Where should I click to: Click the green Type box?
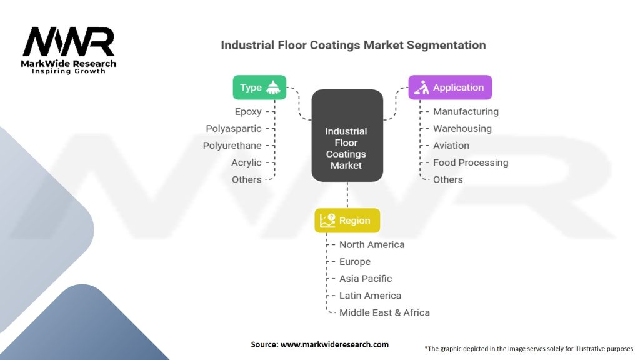pyautogui.click(x=259, y=87)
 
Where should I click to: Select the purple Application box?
pyautogui.click(x=450, y=87)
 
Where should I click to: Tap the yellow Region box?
pyautogui.click(x=347, y=221)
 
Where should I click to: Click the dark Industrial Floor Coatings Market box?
pyautogui.click(x=347, y=136)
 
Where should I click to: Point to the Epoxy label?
pyautogui.click(x=248, y=111)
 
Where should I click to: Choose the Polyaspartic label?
pyautogui.click(x=234, y=129)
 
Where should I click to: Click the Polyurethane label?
pyautogui.click(x=232, y=145)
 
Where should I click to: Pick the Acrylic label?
pyautogui.click(x=246, y=162)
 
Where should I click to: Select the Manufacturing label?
pyautogui.click(x=466, y=111)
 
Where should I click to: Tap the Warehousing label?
pyautogui.click(x=462, y=129)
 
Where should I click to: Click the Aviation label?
pyautogui.click(x=451, y=145)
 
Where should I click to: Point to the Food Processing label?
pyautogui.click(x=471, y=162)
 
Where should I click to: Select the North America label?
pyautogui.click(x=372, y=244)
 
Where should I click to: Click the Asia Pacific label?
pyautogui.click(x=366, y=278)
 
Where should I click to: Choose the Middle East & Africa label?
pyautogui.click(x=384, y=312)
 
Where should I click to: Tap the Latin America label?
pyautogui.click(x=370, y=296)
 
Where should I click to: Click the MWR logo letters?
pyautogui.click(x=69, y=41)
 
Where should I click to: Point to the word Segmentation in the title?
pyautogui.click(x=446, y=45)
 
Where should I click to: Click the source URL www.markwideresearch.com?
pyautogui.click(x=335, y=344)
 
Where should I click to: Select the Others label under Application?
pyautogui.click(x=447, y=179)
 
